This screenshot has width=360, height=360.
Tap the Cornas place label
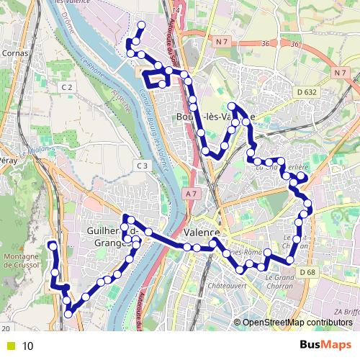point(15,52)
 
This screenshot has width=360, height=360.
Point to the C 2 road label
point(68,87)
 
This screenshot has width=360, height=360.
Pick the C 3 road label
point(142,166)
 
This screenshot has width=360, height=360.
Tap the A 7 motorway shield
point(190,194)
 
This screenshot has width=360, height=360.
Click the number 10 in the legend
point(28,346)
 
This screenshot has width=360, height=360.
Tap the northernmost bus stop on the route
point(141,26)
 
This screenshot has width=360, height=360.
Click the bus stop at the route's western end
point(53,246)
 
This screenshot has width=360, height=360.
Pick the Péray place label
point(8,161)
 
